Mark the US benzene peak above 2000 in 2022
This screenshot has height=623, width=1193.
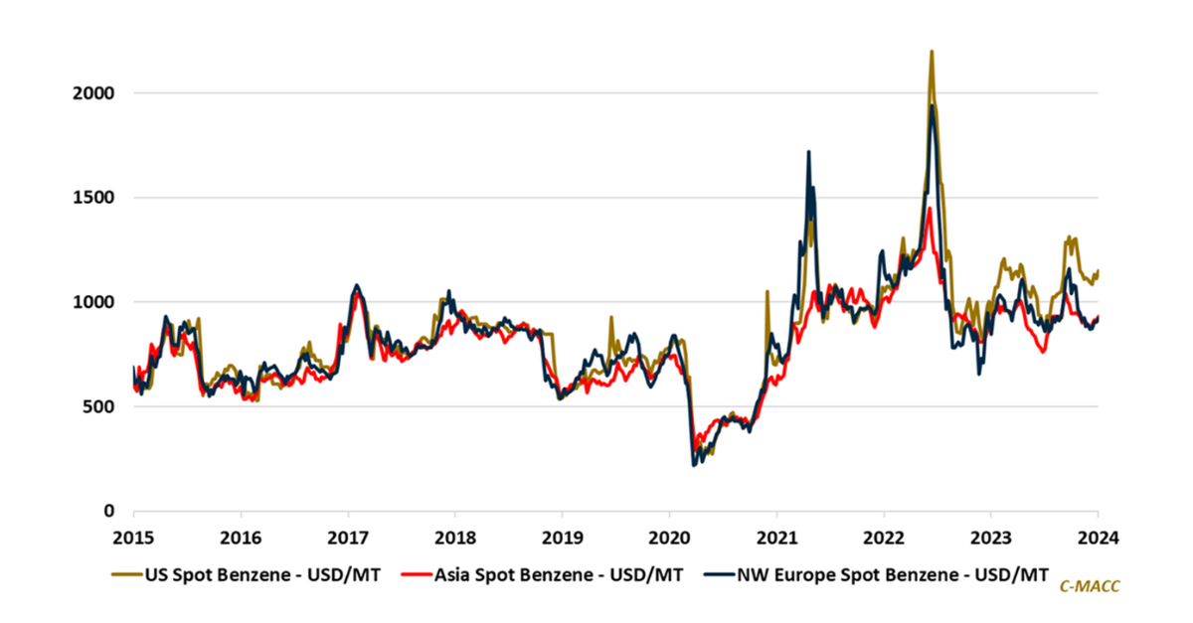coord(932,52)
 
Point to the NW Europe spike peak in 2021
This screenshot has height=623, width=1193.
coord(809,152)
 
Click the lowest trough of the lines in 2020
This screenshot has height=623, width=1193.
coord(693,464)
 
